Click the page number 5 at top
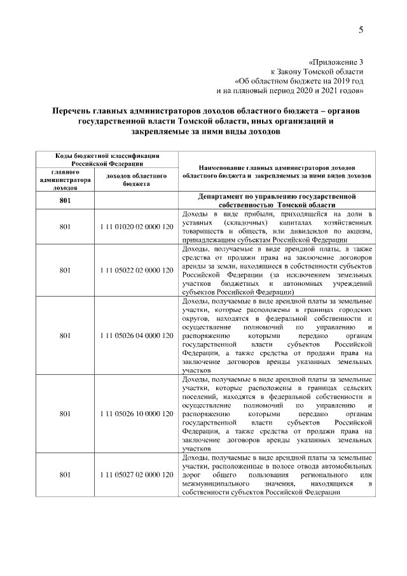pos(361,30)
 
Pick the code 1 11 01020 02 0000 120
pos(137,227)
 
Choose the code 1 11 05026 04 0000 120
pos(137,335)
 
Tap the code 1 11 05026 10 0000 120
pos(137,414)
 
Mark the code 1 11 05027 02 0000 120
pos(137,475)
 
